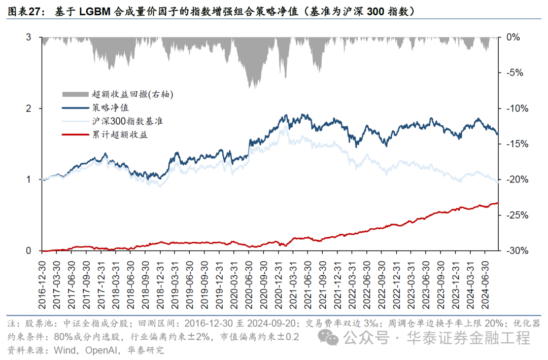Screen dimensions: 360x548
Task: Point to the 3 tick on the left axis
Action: [x=28, y=37]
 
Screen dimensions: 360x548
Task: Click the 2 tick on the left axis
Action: [x=28, y=109]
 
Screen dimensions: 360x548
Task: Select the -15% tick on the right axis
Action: [x=516, y=144]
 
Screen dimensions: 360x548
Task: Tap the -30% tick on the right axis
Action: [x=516, y=251]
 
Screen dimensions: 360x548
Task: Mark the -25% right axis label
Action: [x=516, y=215]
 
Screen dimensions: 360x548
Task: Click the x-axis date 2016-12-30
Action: [x=42, y=282]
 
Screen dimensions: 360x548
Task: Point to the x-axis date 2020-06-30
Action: [x=249, y=282]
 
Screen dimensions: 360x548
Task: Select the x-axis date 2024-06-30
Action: [x=485, y=282]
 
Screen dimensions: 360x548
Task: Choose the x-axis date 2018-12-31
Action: [x=160, y=282]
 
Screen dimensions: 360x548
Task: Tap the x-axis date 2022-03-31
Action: [x=352, y=282]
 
